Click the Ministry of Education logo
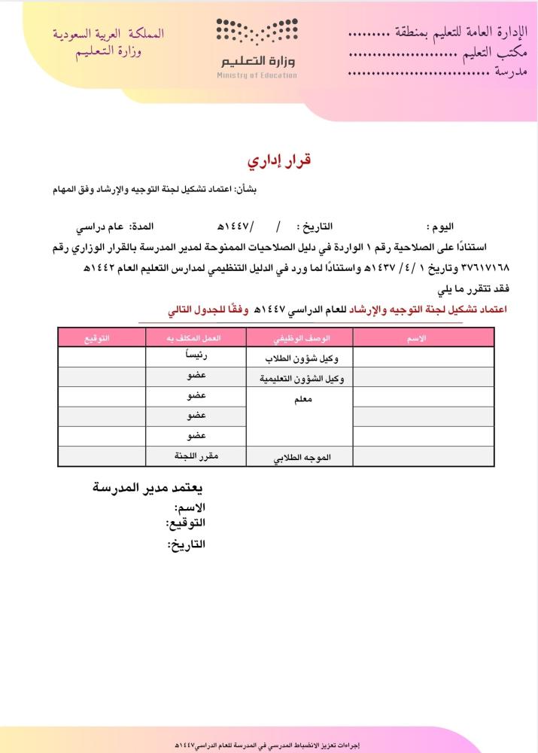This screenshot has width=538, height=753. [x=257, y=47]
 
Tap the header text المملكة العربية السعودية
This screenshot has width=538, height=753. [x=108, y=35]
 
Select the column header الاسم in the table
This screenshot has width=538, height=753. [x=416, y=339]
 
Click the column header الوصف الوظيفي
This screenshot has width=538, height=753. [x=300, y=339]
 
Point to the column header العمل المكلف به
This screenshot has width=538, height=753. [x=196, y=339]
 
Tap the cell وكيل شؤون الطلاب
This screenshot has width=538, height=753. [x=300, y=358]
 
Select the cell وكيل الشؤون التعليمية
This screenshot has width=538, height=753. [x=300, y=379]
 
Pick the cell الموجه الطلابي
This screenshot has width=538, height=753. [x=300, y=457]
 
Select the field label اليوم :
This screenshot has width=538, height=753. [x=440, y=227]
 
